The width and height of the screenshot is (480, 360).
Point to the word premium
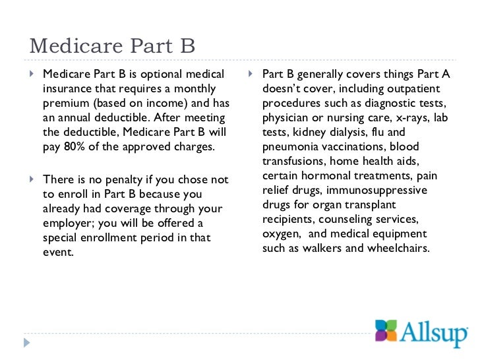coord(66,103)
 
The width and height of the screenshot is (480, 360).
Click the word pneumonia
coord(290,146)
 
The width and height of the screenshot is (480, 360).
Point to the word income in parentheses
coord(170,103)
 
